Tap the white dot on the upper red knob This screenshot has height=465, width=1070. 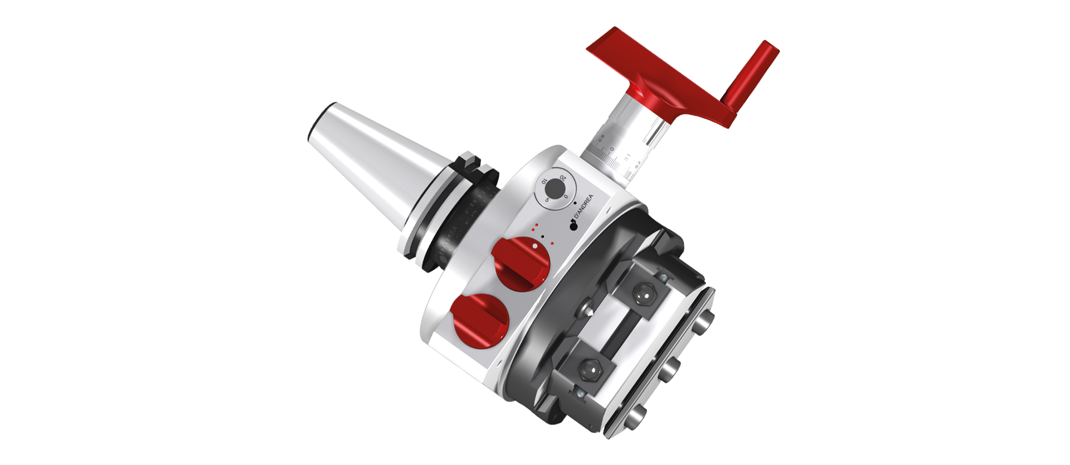534,245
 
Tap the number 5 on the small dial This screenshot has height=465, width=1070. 547,198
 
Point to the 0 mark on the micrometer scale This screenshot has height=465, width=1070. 612,149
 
